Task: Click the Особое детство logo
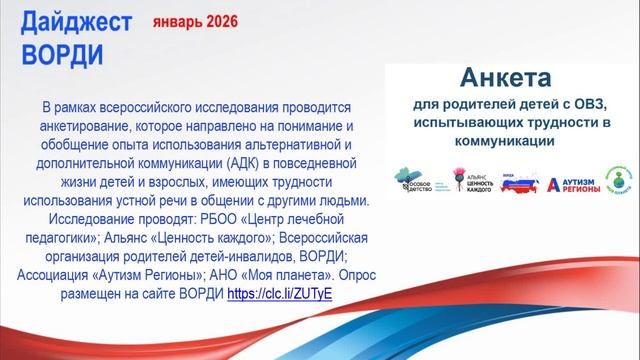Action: coord(409,181)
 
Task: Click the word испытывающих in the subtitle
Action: coord(471,123)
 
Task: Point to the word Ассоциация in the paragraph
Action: coord(68,276)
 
